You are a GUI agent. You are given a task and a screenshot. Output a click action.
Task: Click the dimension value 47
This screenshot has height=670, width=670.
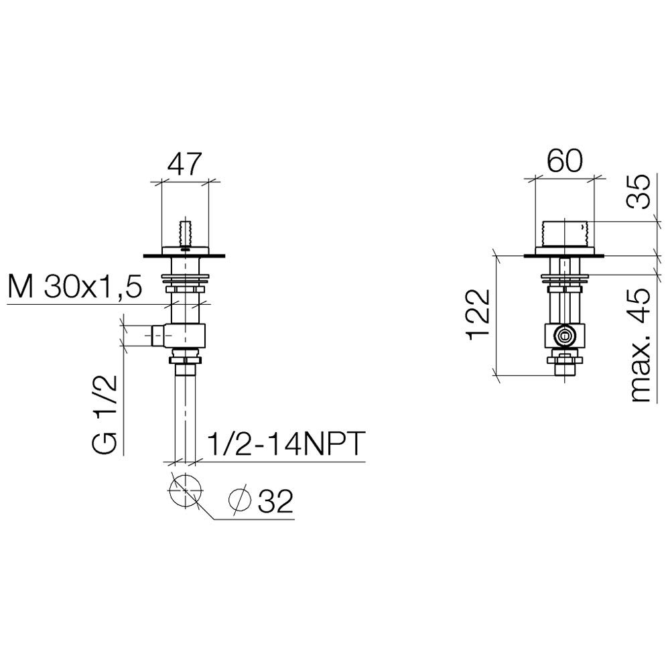pos(184,165)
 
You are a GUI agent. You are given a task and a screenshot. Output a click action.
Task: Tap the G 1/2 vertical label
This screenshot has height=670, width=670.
pos(105,414)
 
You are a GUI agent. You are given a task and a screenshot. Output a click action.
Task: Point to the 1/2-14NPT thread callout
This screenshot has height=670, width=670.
pos(286,444)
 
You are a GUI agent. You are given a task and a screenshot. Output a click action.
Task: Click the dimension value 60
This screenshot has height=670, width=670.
pos(564,161)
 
